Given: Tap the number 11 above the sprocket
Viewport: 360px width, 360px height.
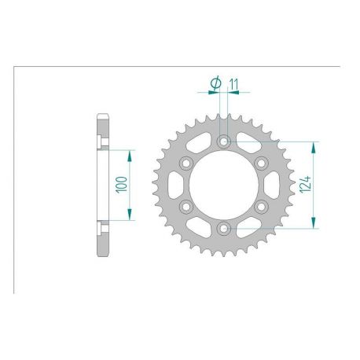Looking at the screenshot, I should (x=233, y=82).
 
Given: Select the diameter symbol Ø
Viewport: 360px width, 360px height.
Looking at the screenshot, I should (x=215, y=82).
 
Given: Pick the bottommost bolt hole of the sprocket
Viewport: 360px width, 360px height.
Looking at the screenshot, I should (x=225, y=228).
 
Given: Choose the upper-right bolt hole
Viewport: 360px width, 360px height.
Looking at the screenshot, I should (x=262, y=163).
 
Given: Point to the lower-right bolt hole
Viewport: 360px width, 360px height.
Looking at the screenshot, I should (x=262, y=207).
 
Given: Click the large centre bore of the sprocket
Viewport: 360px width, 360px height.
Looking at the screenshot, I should (x=225, y=186).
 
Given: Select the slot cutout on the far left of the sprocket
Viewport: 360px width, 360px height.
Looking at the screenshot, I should (x=174, y=186).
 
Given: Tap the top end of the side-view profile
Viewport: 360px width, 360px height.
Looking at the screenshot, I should (x=101, y=116).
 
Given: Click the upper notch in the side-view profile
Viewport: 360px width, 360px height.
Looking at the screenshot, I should (x=102, y=142).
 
